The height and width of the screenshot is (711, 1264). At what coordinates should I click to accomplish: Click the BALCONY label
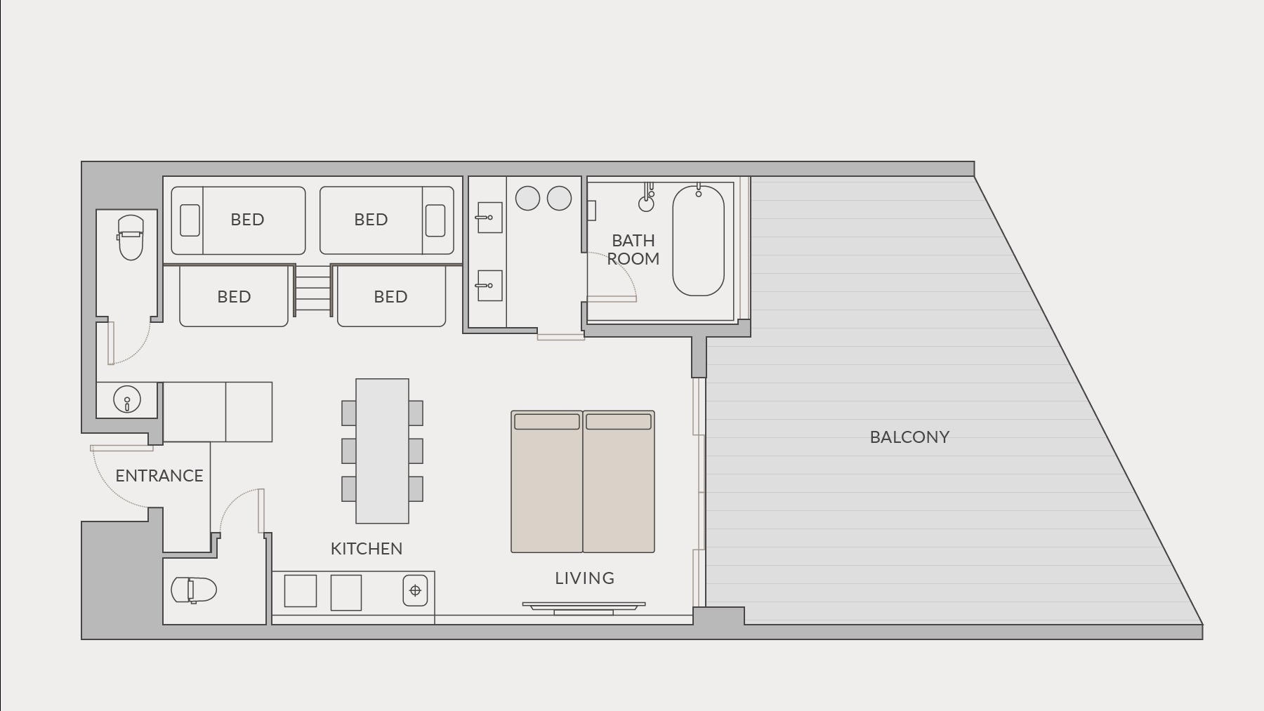[x=909, y=437]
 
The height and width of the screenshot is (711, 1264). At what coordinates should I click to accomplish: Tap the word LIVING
[x=585, y=578]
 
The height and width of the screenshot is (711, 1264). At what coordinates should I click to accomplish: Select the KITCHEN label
[x=367, y=549]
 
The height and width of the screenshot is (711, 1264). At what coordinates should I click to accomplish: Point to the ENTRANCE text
[x=159, y=476]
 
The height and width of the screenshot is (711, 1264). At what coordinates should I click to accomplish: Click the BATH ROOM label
[x=633, y=250]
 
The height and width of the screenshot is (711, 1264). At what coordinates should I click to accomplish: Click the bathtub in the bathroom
[x=698, y=241]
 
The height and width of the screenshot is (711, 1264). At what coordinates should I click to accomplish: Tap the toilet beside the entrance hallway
[x=194, y=590]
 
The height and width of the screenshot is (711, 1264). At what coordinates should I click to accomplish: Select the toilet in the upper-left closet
[x=131, y=237]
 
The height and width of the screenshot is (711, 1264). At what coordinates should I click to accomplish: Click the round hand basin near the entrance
[x=127, y=400]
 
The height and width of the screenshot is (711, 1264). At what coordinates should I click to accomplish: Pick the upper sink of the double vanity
[x=489, y=218]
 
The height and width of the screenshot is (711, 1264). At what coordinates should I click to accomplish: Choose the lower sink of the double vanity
[x=489, y=286]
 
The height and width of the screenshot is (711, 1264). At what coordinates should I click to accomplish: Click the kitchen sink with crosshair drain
[x=415, y=590]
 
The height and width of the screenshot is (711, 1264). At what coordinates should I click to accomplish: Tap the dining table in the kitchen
[x=382, y=451]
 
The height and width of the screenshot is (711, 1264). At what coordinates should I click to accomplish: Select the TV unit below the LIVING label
[x=584, y=608]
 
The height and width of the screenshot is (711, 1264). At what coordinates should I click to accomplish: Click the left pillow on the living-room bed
[x=547, y=421]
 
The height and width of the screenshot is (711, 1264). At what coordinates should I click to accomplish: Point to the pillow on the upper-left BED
[x=190, y=220]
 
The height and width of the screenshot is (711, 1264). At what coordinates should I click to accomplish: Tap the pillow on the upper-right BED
[x=435, y=220]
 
